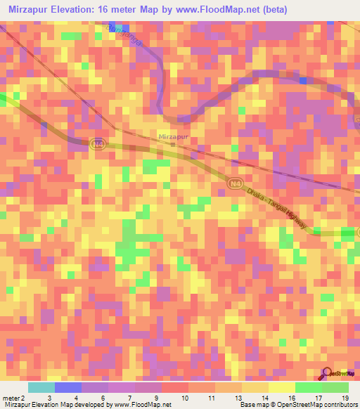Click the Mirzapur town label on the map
[172, 136]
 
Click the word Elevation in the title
[75, 10]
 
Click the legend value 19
[345, 398]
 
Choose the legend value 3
[49, 398]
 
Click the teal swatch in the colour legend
[41, 387]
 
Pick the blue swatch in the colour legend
[68, 387]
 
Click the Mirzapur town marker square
[174, 145]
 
